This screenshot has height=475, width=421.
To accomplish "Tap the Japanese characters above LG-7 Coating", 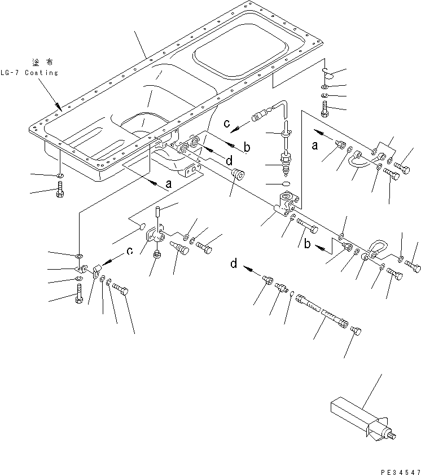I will click(41, 61).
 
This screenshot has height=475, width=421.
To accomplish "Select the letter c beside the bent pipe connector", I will click(227, 124).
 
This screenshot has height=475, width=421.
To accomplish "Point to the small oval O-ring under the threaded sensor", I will click(285, 184).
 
